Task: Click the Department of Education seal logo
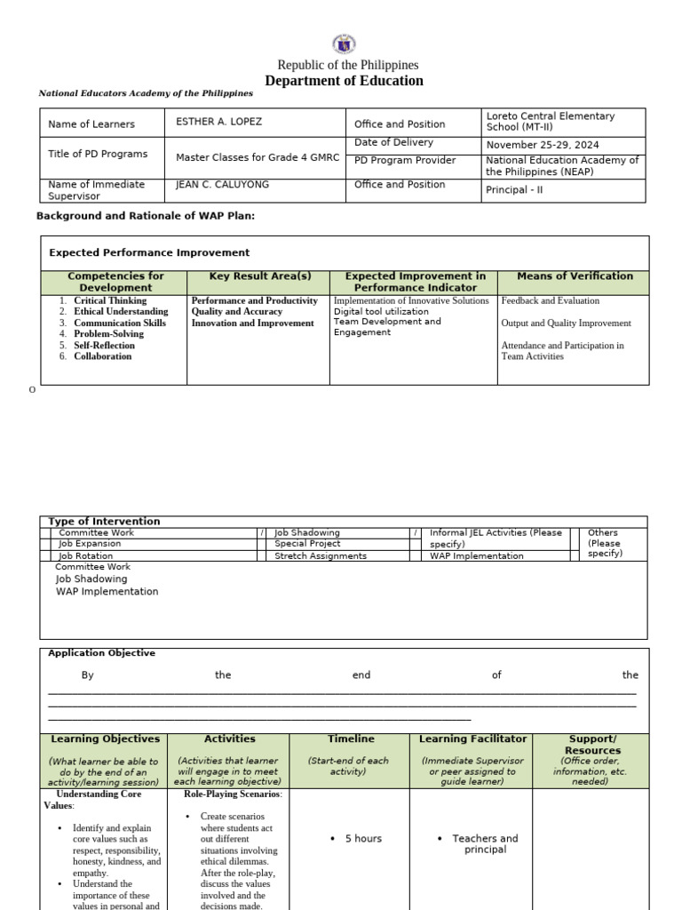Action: coord(344,44)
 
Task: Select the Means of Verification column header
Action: coord(575,276)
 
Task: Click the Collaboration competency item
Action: coord(102,356)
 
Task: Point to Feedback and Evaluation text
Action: coord(550,301)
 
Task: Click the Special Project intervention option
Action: coord(307,543)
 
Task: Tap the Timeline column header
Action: coord(350,738)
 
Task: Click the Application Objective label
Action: coord(101,653)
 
